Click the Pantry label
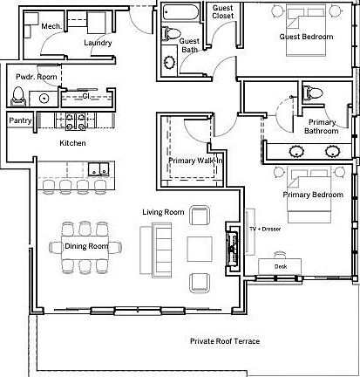pyautogui.click(x=20, y=120)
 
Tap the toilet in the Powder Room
pyautogui.click(x=18, y=96)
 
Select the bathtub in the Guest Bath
pyautogui.click(x=180, y=12)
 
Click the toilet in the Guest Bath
pyautogui.click(x=171, y=33)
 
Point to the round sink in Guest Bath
pyautogui.click(x=169, y=62)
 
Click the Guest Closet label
pyautogui.click(x=223, y=12)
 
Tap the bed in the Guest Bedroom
pyautogui.click(x=306, y=31)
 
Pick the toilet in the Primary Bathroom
pyautogui.click(x=313, y=93)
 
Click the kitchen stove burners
pyautogui.click(x=75, y=120)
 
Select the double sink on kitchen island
pyautogui.click(x=98, y=169)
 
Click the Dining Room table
pyautogui.click(x=86, y=248)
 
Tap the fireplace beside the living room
pyautogui.click(x=232, y=247)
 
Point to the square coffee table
pyautogui.click(x=200, y=249)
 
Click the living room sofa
pyautogui.click(x=156, y=250)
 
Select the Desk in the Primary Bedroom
pyautogui.click(x=280, y=266)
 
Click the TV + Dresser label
pyautogui.click(x=265, y=230)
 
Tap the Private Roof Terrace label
pyautogui.click(x=225, y=341)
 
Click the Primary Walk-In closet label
pyautogui.click(x=195, y=161)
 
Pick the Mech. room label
pyautogui.click(x=51, y=26)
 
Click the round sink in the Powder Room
pyautogui.click(x=44, y=99)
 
